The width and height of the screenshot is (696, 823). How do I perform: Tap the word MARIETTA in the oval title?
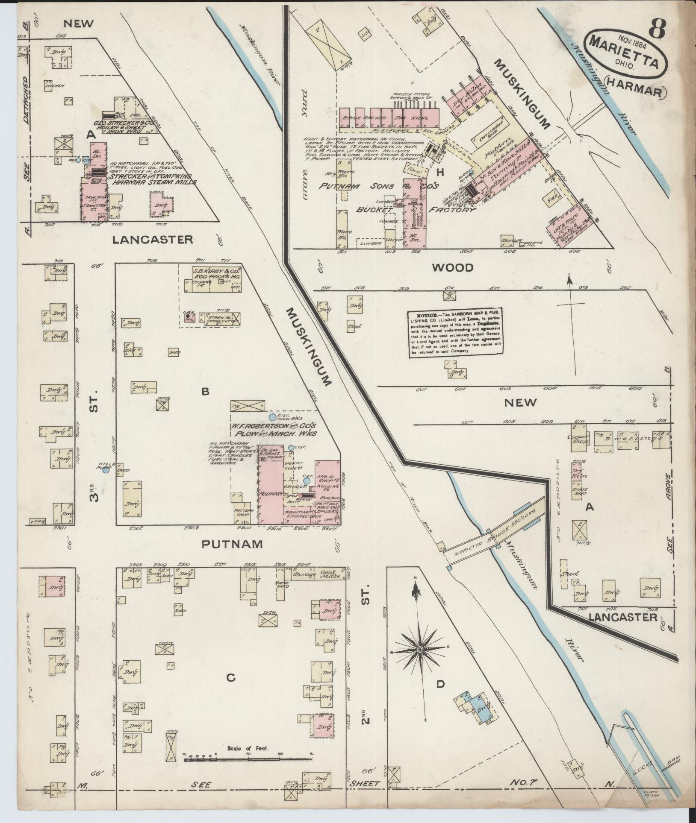coord(624,51)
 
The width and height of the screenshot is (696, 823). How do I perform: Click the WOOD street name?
coord(453,268)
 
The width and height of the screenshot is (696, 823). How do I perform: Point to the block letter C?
coord(231,677)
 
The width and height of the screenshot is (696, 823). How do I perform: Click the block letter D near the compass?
coord(441,685)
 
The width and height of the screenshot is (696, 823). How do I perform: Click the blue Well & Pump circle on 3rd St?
coord(106,471)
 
